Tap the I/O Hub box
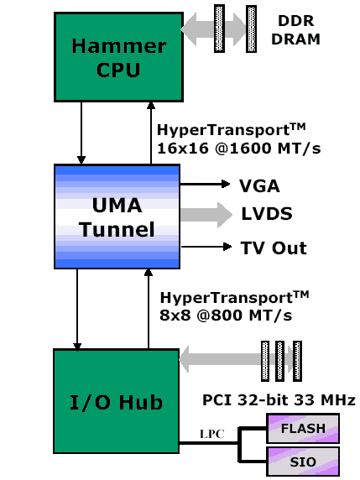(x=117, y=402)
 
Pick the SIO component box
(x=303, y=461)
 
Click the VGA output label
(x=260, y=186)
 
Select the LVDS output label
(x=266, y=214)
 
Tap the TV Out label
(x=274, y=248)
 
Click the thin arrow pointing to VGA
(x=205, y=183)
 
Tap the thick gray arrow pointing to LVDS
(x=206, y=214)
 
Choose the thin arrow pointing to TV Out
(x=205, y=247)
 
